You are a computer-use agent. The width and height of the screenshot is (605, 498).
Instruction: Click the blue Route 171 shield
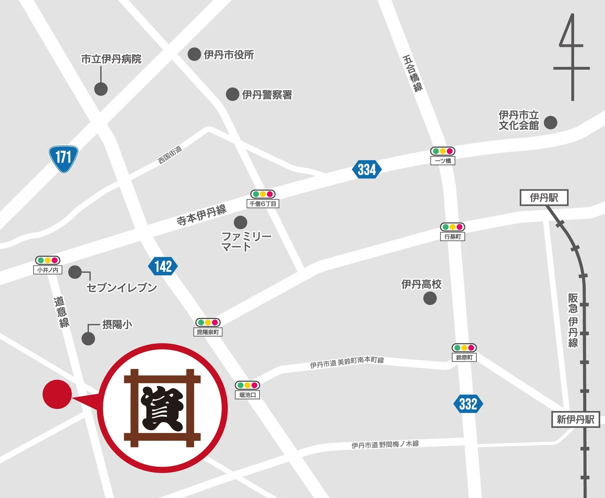point(63,159)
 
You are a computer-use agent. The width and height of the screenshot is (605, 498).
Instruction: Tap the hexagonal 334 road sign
point(367,170)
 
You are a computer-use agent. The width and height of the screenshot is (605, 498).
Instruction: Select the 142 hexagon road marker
point(163,266)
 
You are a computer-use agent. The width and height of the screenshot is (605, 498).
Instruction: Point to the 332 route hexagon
point(468,404)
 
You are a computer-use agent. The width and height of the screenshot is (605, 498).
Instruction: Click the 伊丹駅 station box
point(544,198)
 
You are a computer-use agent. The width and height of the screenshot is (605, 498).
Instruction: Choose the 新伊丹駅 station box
point(575,419)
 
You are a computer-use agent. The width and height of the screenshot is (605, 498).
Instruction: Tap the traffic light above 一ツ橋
point(443,151)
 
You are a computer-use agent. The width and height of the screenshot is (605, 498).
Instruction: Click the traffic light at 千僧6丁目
point(263,194)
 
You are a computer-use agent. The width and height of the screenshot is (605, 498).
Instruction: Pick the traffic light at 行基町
point(452,227)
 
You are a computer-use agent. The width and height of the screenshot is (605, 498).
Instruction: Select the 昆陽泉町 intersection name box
point(208,332)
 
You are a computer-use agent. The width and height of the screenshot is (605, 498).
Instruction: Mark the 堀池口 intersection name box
point(248,395)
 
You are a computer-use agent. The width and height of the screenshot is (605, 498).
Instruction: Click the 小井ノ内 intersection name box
point(48,270)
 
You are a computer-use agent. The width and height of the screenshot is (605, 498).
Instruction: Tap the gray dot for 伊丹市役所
point(194,54)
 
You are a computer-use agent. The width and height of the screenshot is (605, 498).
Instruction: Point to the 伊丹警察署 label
point(267,95)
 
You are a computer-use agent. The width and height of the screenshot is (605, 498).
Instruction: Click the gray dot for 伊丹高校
point(430,298)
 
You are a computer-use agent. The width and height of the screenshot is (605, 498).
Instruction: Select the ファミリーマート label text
point(246,241)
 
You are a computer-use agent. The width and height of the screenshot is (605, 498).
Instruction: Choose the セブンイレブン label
point(122,288)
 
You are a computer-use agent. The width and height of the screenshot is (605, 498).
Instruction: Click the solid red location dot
point(57,394)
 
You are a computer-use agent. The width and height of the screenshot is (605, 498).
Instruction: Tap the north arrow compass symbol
point(571,57)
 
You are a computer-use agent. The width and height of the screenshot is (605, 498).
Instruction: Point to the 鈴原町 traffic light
point(464,348)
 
